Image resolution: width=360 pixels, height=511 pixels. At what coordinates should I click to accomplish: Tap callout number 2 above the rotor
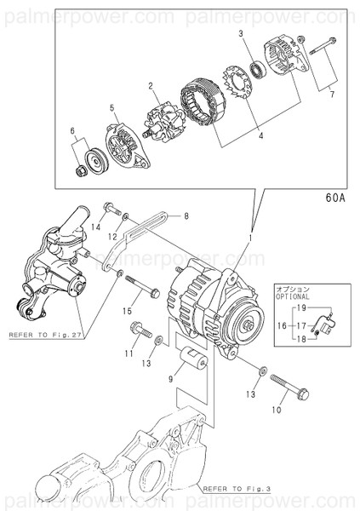pyautogui.click(x=150, y=86)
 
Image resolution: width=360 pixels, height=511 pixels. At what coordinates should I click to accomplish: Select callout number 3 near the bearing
pyautogui.click(x=241, y=33)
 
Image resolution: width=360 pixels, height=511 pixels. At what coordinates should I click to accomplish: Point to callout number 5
pyautogui.click(x=111, y=108)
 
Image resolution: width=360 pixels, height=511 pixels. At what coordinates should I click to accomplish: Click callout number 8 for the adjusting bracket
pyautogui.click(x=186, y=216)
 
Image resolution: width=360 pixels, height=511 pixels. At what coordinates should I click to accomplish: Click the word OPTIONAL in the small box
pyautogui.click(x=294, y=297)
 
